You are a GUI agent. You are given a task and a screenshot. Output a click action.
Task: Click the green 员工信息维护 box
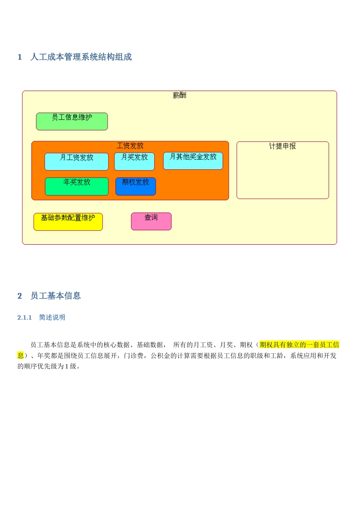[72, 122]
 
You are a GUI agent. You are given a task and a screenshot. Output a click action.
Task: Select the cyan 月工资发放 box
[76, 162]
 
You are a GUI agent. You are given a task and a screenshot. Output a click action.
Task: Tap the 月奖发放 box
[134, 162]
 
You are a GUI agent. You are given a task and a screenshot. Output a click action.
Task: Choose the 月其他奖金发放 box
[193, 161]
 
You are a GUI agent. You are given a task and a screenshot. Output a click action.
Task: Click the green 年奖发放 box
[77, 186]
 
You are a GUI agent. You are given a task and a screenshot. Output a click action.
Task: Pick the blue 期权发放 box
[135, 186]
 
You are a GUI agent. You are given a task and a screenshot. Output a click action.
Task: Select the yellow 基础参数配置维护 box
[68, 222]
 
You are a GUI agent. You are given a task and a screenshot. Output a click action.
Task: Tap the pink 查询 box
[151, 221]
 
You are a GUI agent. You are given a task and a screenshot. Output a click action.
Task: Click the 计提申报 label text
[282, 146]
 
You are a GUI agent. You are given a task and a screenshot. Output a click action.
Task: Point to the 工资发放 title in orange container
[130, 146]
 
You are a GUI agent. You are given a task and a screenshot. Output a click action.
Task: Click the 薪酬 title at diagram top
[179, 95]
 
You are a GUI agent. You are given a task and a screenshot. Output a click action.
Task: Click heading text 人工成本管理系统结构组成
[81, 57]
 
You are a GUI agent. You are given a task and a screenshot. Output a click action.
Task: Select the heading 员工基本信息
[55, 296]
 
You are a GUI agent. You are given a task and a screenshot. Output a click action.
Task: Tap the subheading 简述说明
[52, 317]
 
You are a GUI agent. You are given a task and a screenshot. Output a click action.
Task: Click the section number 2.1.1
[25, 317]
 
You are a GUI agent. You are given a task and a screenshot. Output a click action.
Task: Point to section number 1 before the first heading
[20, 57]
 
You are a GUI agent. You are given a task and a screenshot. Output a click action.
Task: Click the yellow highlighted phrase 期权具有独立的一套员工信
[299, 345]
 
